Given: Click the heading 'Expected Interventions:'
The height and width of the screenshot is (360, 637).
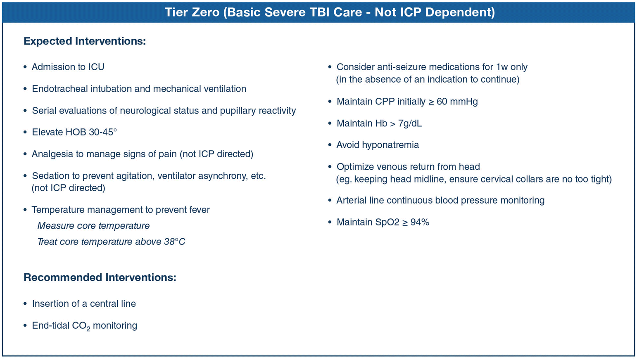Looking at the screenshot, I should point(85,41).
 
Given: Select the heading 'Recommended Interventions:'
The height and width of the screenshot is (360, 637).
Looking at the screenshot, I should point(100,277).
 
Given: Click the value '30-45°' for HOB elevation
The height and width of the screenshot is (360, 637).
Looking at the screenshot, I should point(103,132).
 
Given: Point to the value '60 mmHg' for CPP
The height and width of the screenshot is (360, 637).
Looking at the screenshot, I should point(457,102).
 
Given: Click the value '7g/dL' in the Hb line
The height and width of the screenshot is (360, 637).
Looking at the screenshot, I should point(410,123).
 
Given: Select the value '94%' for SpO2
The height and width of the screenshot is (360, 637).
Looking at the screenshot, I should point(420,223).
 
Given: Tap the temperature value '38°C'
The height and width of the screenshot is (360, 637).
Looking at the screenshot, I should point(174,242).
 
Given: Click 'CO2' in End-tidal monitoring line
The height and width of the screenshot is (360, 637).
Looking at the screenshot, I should point(81,326).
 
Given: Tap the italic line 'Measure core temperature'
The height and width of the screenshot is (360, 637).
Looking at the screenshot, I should point(93,226).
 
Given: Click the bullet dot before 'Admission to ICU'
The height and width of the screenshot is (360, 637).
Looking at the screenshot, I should point(25,67).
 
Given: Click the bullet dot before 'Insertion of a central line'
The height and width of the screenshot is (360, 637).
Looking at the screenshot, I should point(25,304).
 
